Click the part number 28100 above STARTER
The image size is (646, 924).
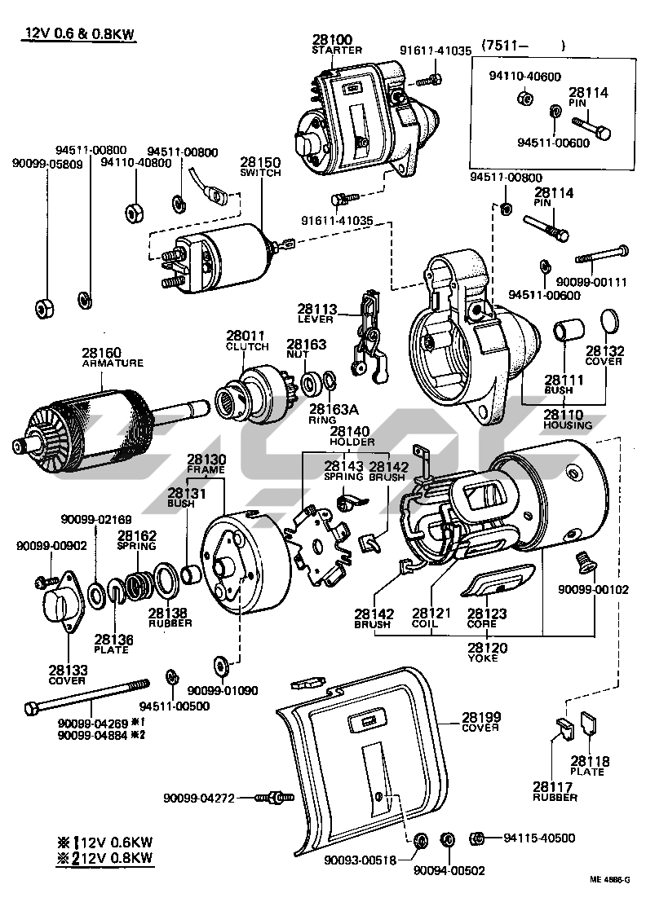click(331, 39)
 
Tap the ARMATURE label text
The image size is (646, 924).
click(113, 363)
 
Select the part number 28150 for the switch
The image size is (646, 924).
click(260, 162)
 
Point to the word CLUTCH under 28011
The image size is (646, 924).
click(247, 346)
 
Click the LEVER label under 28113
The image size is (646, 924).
click(317, 320)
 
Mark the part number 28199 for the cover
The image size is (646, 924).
click(481, 717)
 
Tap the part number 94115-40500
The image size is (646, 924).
click(539, 838)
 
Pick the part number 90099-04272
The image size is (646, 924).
click(199, 798)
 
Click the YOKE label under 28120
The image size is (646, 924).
click(484, 659)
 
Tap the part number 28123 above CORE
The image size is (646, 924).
click(487, 614)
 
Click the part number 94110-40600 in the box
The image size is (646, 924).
click(524, 77)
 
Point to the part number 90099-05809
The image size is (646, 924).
click(46, 163)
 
